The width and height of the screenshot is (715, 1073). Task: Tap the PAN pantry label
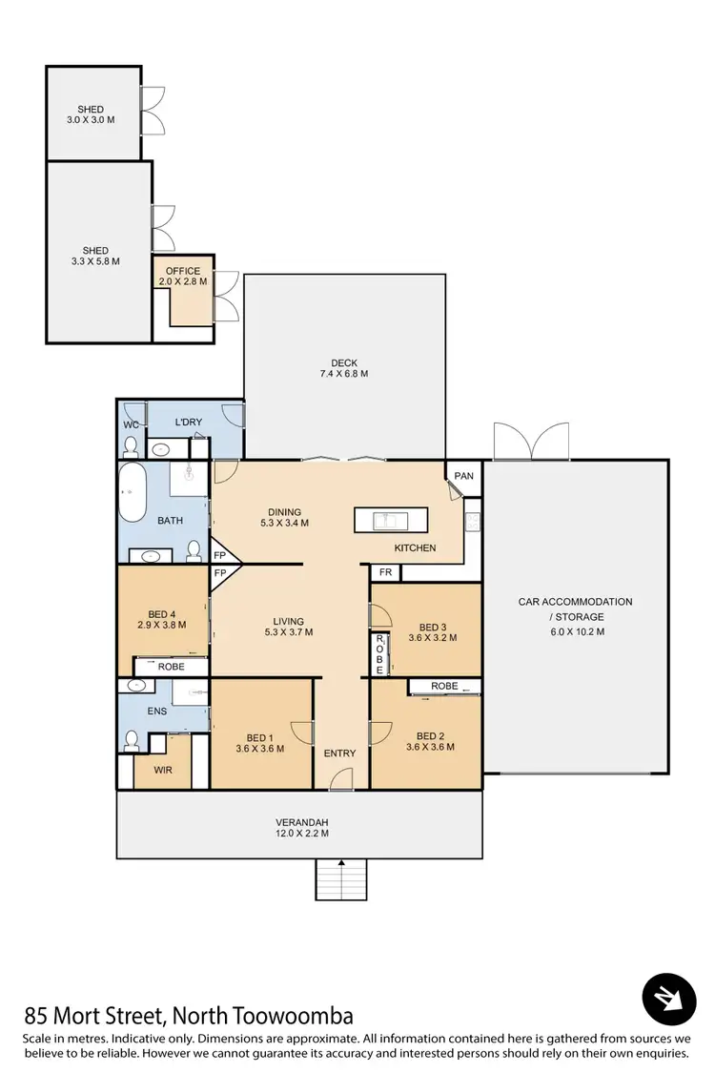[x=463, y=475]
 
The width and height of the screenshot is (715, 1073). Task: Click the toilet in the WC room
[x=132, y=446]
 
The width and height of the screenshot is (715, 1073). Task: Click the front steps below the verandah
[x=341, y=878]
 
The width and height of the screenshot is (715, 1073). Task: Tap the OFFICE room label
[x=183, y=271]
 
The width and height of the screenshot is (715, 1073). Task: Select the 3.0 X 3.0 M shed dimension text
[x=92, y=121]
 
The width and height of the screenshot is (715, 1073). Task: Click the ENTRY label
[x=339, y=753]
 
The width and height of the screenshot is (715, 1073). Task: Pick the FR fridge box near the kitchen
[x=385, y=572]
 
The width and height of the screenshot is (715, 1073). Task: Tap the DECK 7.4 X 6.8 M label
[x=343, y=367]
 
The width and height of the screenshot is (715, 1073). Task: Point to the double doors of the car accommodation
[x=532, y=441]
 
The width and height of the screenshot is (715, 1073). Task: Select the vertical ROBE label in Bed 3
[x=378, y=655]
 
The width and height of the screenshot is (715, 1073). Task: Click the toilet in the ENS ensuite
[x=133, y=740]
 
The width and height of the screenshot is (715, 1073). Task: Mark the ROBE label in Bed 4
[x=172, y=668]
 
